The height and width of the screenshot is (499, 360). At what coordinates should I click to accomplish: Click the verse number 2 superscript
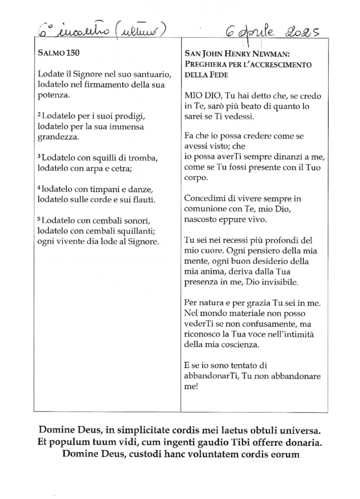point(39,115)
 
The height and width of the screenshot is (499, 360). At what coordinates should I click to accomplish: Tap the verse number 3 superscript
point(39,157)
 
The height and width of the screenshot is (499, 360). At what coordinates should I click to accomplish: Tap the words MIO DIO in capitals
point(203,95)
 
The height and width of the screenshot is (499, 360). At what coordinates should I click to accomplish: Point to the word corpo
point(196,179)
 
